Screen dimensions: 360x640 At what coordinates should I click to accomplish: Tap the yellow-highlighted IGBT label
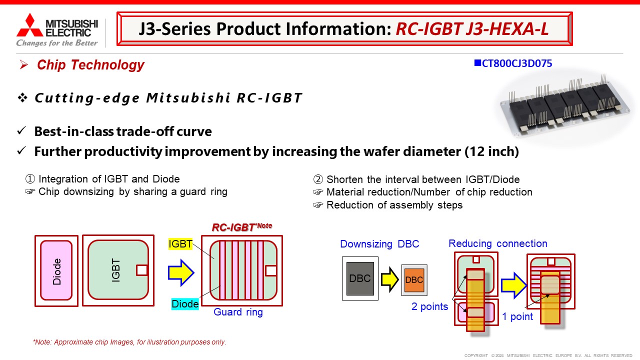[180, 244]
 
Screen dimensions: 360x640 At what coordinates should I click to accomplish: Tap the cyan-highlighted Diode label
[185, 304]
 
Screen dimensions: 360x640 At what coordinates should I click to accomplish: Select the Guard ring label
[238, 312]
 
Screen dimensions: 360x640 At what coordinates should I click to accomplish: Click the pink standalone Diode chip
[56, 270]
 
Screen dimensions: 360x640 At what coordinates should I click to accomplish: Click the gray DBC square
[360, 278]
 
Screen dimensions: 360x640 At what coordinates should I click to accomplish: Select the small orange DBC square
[414, 280]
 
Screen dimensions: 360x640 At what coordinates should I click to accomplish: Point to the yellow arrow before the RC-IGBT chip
[181, 271]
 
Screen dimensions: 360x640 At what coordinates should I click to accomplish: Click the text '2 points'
[429, 306]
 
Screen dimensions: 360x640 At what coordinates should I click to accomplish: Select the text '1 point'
[517, 316]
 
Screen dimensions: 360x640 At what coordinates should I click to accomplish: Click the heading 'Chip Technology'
[90, 65]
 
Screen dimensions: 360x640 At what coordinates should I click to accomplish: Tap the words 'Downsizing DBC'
[379, 244]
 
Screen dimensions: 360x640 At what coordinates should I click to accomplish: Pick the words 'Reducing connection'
[497, 243]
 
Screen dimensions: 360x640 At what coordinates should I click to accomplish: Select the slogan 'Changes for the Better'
[57, 43]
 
